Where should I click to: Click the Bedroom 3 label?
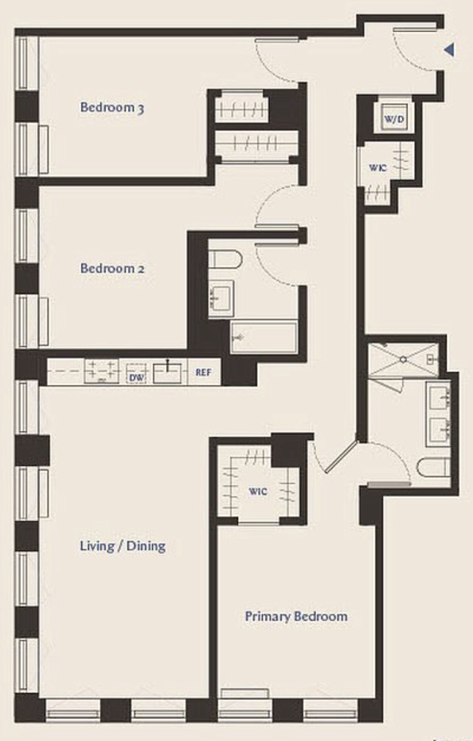(x=112, y=107)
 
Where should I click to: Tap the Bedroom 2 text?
(x=112, y=268)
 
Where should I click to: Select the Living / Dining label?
(x=122, y=546)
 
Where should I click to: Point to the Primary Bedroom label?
(x=297, y=617)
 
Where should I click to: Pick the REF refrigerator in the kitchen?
(x=204, y=373)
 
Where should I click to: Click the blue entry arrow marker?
(x=449, y=50)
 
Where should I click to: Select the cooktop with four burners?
(x=101, y=371)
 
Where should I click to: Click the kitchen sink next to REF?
(x=167, y=371)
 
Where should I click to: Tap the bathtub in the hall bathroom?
(x=264, y=337)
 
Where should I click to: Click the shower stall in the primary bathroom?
(x=403, y=360)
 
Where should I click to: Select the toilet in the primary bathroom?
(x=433, y=467)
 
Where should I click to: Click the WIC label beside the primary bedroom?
(x=258, y=491)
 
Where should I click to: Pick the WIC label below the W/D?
(x=378, y=167)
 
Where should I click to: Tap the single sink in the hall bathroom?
(x=221, y=297)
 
